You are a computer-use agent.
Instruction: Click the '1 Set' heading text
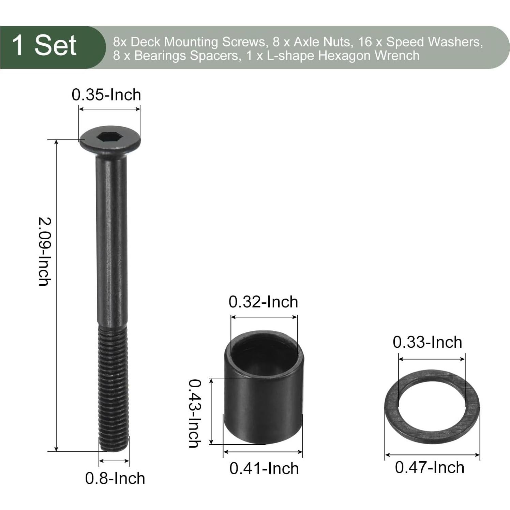pos(44,46)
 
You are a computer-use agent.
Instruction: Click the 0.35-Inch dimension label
pos(106,95)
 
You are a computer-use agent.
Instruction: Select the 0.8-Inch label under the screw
pos(115,478)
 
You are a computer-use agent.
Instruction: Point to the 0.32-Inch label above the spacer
pos(263,302)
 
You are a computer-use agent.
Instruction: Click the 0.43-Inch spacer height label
pos(195,413)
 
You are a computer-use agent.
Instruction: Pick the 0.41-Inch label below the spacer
pos(264,468)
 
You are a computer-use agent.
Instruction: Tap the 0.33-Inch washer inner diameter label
pos(427,342)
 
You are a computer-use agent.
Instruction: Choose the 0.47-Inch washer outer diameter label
pos(429,467)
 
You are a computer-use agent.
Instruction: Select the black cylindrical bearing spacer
pos(263,392)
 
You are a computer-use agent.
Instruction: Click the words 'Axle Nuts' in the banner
pos(322,42)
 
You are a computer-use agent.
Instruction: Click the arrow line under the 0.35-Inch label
pos(109,109)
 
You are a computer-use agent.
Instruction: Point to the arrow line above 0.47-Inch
pos(432,455)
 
